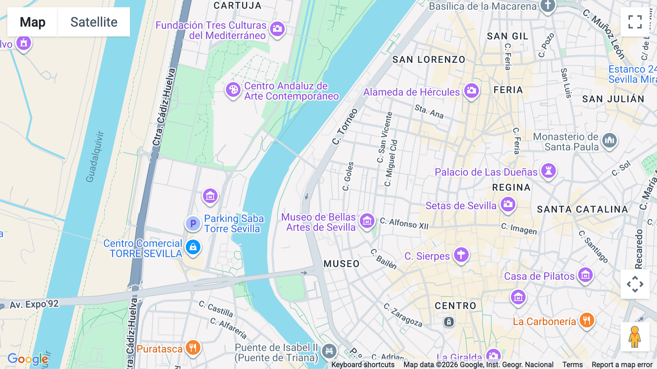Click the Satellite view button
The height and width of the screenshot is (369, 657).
(94, 22)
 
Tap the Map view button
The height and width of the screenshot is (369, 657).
(32, 22)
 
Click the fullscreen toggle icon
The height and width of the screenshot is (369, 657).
(635, 22)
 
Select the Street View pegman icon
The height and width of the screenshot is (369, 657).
(635, 337)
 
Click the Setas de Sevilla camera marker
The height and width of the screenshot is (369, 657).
(508, 205)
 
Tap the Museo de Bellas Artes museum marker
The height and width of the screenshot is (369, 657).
(367, 221)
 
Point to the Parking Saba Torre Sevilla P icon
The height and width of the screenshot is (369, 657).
(193, 223)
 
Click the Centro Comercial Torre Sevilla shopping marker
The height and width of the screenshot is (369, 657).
(193, 247)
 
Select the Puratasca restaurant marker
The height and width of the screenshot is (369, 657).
(193, 347)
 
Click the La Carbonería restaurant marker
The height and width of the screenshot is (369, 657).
(587, 320)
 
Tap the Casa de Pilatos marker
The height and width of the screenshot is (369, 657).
(585, 275)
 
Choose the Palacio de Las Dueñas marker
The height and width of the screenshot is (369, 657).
(548, 171)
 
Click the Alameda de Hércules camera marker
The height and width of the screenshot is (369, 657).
(472, 90)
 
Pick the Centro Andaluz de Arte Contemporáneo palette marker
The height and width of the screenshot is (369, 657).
(233, 90)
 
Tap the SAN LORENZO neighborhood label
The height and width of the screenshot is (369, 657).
(429, 60)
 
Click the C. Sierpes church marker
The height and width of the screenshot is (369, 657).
(461, 255)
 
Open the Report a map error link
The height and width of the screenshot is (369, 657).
(622, 365)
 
